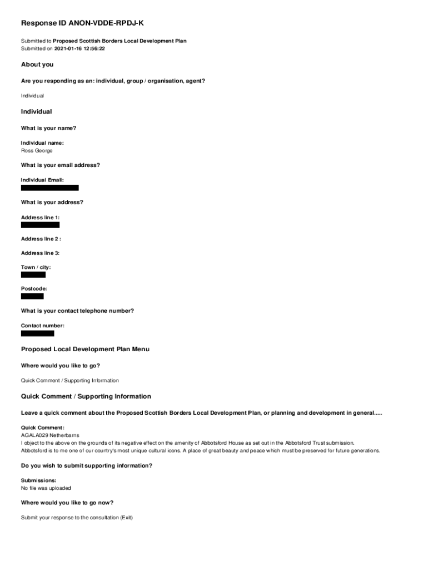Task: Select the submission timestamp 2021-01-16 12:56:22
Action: point(79,48)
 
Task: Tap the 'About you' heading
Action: point(37,65)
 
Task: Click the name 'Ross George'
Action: point(37,151)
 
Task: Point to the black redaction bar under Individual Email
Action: point(49,188)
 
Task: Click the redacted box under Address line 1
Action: point(40,225)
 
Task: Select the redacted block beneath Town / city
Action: point(33,274)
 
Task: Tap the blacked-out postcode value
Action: point(32,296)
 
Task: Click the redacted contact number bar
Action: point(38,333)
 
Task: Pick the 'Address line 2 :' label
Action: point(41,239)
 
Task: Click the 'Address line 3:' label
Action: point(40,253)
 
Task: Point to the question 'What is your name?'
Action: point(48,128)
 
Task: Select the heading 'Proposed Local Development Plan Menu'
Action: point(85,349)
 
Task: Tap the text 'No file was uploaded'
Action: point(46,488)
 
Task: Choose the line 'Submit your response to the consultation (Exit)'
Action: point(77,518)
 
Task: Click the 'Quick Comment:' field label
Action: point(43,427)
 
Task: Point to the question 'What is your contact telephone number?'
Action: point(77,311)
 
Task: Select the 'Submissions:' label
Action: point(38,480)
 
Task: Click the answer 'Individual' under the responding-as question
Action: point(32,96)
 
